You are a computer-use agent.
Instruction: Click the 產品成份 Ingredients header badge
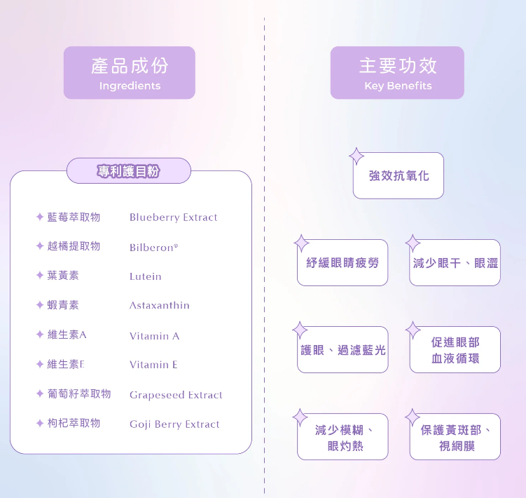click(130, 73)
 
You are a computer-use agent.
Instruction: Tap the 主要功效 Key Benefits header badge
click(397, 73)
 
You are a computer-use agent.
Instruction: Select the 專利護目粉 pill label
click(129, 171)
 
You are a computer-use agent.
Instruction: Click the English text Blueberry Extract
click(173, 217)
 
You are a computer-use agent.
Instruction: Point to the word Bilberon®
click(154, 248)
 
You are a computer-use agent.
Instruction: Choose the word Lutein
click(145, 276)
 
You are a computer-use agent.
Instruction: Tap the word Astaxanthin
click(159, 306)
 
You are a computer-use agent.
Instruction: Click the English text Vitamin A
click(154, 336)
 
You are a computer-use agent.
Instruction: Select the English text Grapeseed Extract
click(176, 395)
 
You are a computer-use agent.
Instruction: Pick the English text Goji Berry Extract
click(174, 424)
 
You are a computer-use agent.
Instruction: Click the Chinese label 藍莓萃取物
click(74, 217)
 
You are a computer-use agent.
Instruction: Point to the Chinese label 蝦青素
click(63, 305)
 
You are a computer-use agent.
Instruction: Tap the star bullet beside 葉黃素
click(40, 276)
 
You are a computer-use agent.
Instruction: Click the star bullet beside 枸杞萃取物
click(40, 423)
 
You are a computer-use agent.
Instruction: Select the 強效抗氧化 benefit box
click(399, 176)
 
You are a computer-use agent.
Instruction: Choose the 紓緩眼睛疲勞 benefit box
click(342, 263)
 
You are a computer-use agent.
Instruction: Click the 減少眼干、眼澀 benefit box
click(455, 263)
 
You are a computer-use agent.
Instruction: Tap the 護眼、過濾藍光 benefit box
click(342, 350)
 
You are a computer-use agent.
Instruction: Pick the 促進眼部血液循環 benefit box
click(455, 350)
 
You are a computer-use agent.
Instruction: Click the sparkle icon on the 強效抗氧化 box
click(357, 156)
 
